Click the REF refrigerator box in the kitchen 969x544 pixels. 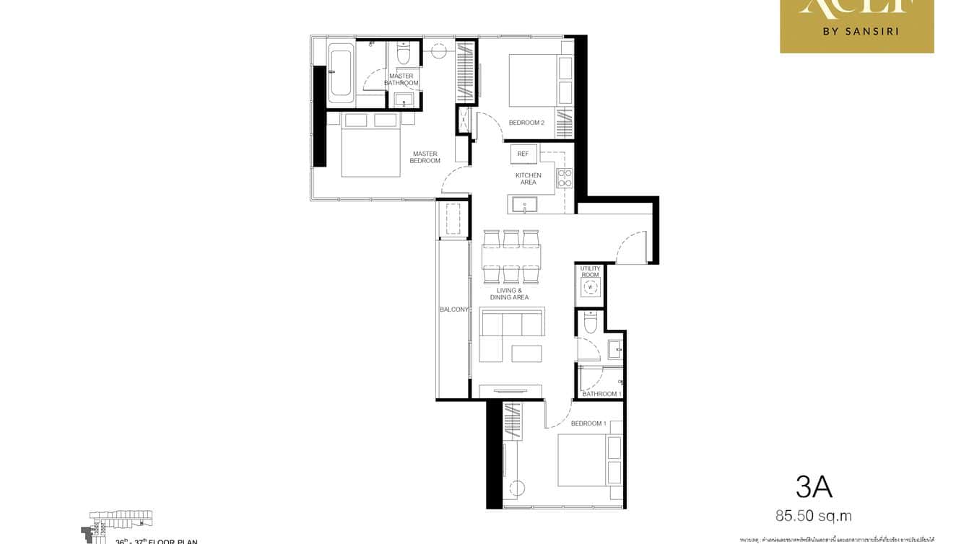[x=523, y=154]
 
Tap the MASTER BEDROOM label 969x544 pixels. [x=425, y=157]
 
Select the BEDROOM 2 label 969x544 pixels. [x=526, y=123]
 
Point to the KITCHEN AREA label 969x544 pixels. [x=528, y=179]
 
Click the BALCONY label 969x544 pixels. [x=454, y=310]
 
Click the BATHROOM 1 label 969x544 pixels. [x=600, y=394]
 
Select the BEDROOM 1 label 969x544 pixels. [x=588, y=424]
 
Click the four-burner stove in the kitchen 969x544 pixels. [x=564, y=178]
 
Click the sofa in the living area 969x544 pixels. [x=511, y=335]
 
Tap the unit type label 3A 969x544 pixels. [x=814, y=488]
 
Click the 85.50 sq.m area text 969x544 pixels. [x=814, y=516]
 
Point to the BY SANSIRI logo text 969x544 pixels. [x=857, y=32]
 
